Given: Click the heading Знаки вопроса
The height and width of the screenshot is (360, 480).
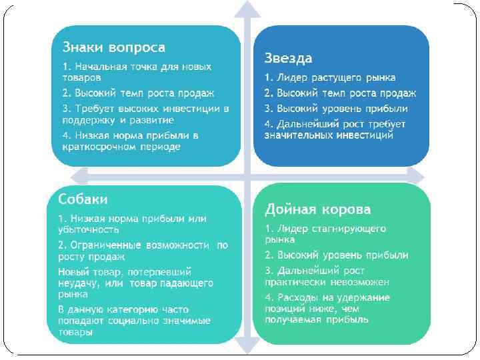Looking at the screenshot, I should [114, 48].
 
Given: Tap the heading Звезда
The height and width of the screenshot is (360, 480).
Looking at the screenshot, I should [288, 58].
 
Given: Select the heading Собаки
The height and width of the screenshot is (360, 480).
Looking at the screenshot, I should [83, 199].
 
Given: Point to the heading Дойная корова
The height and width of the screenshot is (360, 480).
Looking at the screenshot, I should [317, 209].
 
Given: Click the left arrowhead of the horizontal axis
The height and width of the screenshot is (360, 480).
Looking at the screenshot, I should [79, 175].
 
